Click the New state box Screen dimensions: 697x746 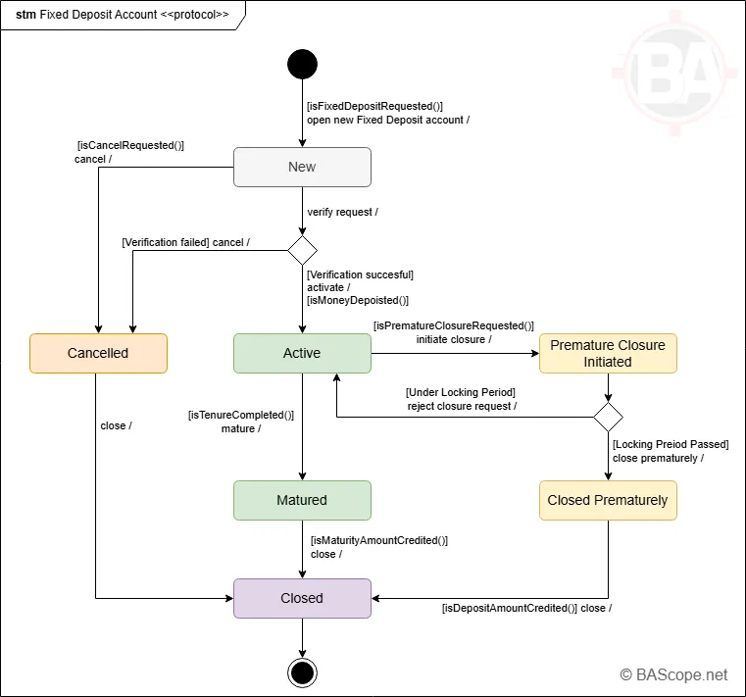pyautogui.click(x=302, y=167)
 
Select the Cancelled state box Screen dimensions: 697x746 pyautogui.click(x=98, y=353)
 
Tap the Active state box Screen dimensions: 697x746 pyautogui.click(x=302, y=353)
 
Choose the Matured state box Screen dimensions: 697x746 pyautogui.click(x=302, y=500)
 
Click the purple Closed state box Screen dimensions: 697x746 pyautogui.click(x=302, y=598)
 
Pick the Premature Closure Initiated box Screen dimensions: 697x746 pyautogui.click(x=608, y=353)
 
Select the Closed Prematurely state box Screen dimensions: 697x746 pyautogui.click(x=608, y=500)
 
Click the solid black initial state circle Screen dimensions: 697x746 pyautogui.click(x=302, y=65)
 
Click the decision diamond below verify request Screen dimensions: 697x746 pyautogui.click(x=302, y=249)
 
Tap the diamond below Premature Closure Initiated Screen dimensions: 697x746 pyautogui.click(x=608, y=417)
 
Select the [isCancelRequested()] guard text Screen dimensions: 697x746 pyautogui.click(x=130, y=145)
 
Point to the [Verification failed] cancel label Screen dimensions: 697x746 pyautogui.click(x=185, y=242)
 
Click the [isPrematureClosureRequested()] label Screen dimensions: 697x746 pyautogui.click(x=453, y=325)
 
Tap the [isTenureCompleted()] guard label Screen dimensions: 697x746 pyautogui.click(x=241, y=415)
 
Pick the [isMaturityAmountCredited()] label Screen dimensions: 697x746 pyautogui.click(x=378, y=540)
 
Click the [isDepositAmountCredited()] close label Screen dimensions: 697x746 pyautogui.click(x=526, y=608)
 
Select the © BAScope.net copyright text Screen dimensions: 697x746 pyautogui.click(x=673, y=674)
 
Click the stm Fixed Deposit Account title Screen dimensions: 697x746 pyautogui.click(x=123, y=15)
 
